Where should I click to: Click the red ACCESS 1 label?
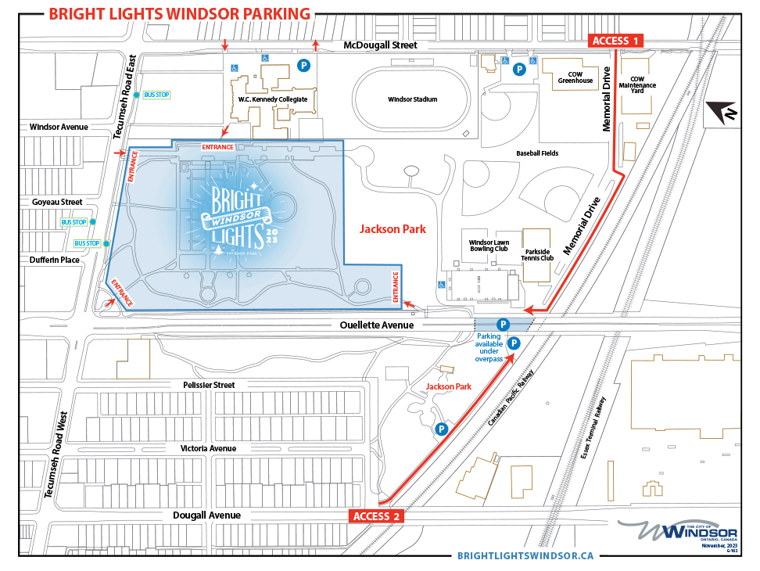point(615,41)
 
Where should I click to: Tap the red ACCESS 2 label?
point(376,515)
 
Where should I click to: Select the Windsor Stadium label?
point(412,99)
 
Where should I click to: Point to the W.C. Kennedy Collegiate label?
point(272,99)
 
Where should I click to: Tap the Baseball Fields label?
point(537,153)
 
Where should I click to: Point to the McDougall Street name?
point(381,46)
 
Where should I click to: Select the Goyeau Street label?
point(57,202)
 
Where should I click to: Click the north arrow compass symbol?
point(726,114)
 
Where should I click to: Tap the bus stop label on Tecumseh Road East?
point(156,95)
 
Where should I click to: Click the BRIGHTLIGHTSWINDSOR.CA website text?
point(525,555)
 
